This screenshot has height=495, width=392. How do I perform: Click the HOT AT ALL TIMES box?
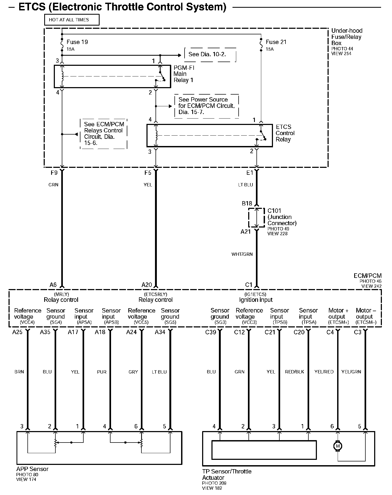[x=72, y=20]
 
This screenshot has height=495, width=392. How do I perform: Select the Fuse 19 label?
[x=77, y=42]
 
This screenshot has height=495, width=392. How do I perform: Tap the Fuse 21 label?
[x=276, y=42]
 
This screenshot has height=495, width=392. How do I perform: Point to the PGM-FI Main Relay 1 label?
[x=184, y=74]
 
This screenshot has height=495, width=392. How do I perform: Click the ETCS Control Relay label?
[x=285, y=133]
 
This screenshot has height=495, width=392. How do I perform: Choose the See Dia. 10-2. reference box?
[x=210, y=55]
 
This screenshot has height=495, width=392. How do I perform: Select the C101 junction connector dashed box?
[x=256, y=218]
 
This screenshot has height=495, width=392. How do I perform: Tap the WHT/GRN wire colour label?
[x=242, y=254]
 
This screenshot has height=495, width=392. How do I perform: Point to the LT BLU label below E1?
[x=245, y=185]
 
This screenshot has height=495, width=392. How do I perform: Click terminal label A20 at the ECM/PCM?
[x=147, y=285]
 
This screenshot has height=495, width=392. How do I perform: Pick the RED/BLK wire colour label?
[x=294, y=372]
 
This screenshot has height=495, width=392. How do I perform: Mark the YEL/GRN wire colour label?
[x=351, y=372]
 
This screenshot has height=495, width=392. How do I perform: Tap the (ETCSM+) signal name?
[x=338, y=322]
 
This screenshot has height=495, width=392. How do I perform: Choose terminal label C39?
[x=210, y=332]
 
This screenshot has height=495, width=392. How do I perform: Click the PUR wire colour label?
[x=101, y=372]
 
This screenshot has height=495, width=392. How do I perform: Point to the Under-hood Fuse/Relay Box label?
[x=346, y=37]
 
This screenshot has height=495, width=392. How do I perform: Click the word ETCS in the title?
[x=32, y=7]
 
